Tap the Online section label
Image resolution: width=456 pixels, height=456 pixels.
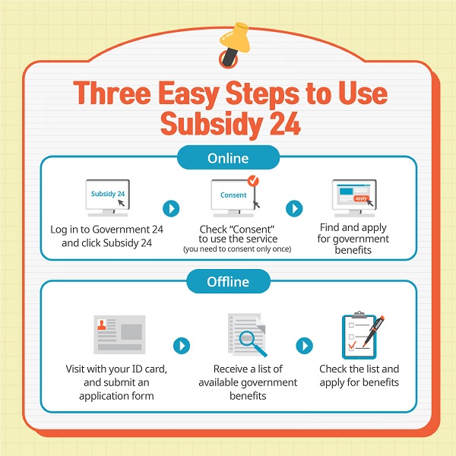tap(228, 158)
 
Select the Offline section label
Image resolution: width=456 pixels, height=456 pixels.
tap(228, 281)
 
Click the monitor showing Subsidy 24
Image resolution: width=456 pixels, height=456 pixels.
tap(108, 198)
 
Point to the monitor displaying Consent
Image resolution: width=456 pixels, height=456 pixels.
tap(233, 198)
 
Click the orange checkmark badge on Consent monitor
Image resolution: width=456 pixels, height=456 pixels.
tap(253, 181)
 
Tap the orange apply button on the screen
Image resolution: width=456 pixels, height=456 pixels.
tap(361, 198)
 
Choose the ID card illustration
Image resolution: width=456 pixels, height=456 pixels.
tap(119, 334)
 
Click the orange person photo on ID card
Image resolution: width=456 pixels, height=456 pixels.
tap(102, 325)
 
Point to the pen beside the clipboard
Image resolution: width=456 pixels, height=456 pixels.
tap(374, 331)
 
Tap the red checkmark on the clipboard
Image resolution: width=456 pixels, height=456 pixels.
tap(352, 345)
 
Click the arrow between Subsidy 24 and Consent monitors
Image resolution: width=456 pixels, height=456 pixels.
tap(171, 208)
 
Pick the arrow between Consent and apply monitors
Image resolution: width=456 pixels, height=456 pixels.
tap(294, 208)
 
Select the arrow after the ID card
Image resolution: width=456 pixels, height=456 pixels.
tap(182, 346)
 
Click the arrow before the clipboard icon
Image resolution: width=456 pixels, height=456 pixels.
tap(305, 346)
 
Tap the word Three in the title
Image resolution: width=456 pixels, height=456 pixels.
tap(112, 93)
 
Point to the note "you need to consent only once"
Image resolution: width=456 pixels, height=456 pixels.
tap(237, 249)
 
